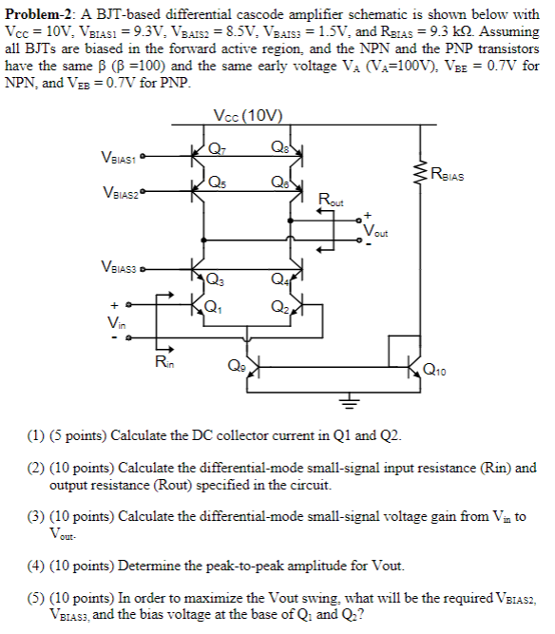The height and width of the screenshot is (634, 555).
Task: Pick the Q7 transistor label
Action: click(217, 146)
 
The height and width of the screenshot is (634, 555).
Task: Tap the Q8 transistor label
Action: click(277, 146)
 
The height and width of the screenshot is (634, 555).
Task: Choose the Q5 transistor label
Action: click(217, 183)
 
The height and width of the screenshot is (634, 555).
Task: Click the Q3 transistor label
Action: click(217, 279)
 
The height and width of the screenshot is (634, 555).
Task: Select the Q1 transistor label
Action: click(217, 306)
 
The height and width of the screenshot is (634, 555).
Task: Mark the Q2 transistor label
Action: click(277, 306)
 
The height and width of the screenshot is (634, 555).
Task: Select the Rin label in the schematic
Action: click(163, 362)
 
